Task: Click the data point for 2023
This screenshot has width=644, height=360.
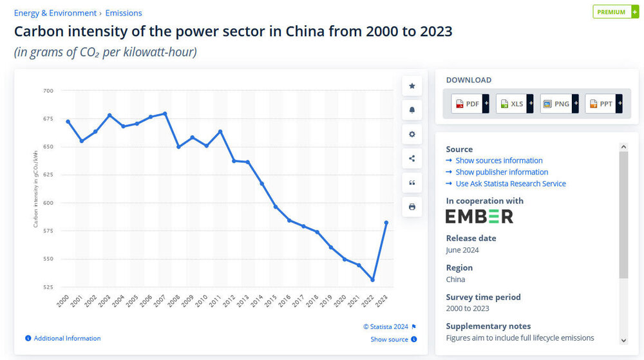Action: [x=386, y=223]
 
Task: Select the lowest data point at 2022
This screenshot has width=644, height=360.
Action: [x=372, y=279]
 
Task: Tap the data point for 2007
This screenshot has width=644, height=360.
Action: [x=165, y=114]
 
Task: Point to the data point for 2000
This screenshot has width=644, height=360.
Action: [x=68, y=122]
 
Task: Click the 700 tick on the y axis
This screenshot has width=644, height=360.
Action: [x=49, y=91]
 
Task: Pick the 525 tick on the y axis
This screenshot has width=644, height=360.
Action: [x=49, y=287]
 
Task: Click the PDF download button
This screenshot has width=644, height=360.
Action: [x=470, y=104]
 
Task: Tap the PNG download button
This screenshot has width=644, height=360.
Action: [x=559, y=104]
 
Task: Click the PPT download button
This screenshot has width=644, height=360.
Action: [x=603, y=104]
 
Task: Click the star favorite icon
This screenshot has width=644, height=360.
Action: [x=412, y=86]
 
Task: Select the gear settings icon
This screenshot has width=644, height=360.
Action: [x=412, y=135]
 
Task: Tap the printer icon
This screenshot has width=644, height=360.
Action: [x=412, y=207]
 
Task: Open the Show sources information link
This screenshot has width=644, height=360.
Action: [x=498, y=160]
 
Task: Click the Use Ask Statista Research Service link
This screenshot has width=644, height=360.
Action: [x=510, y=184]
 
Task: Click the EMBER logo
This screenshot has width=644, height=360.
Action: [x=479, y=216]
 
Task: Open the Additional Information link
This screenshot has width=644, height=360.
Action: [x=67, y=338]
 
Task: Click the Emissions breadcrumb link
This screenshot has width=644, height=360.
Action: [x=124, y=13]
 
